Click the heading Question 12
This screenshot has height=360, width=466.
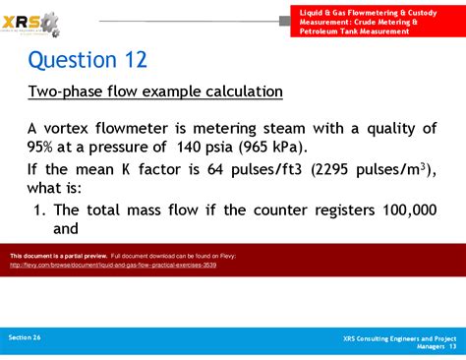(87, 60)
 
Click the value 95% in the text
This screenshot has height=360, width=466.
(46, 149)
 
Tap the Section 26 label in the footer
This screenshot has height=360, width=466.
(26, 336)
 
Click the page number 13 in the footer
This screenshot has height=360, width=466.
(451, 346)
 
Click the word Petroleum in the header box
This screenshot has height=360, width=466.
(323, 31)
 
